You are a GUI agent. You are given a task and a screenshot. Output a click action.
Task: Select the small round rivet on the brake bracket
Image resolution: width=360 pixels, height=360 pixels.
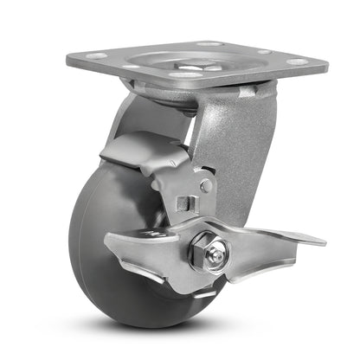tap(205, 184)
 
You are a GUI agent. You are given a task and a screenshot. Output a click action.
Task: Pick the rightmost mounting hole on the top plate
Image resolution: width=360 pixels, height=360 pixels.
tap(297, 61)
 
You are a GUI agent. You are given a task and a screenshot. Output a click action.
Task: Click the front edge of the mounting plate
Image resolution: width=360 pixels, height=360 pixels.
tap(199, 80)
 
